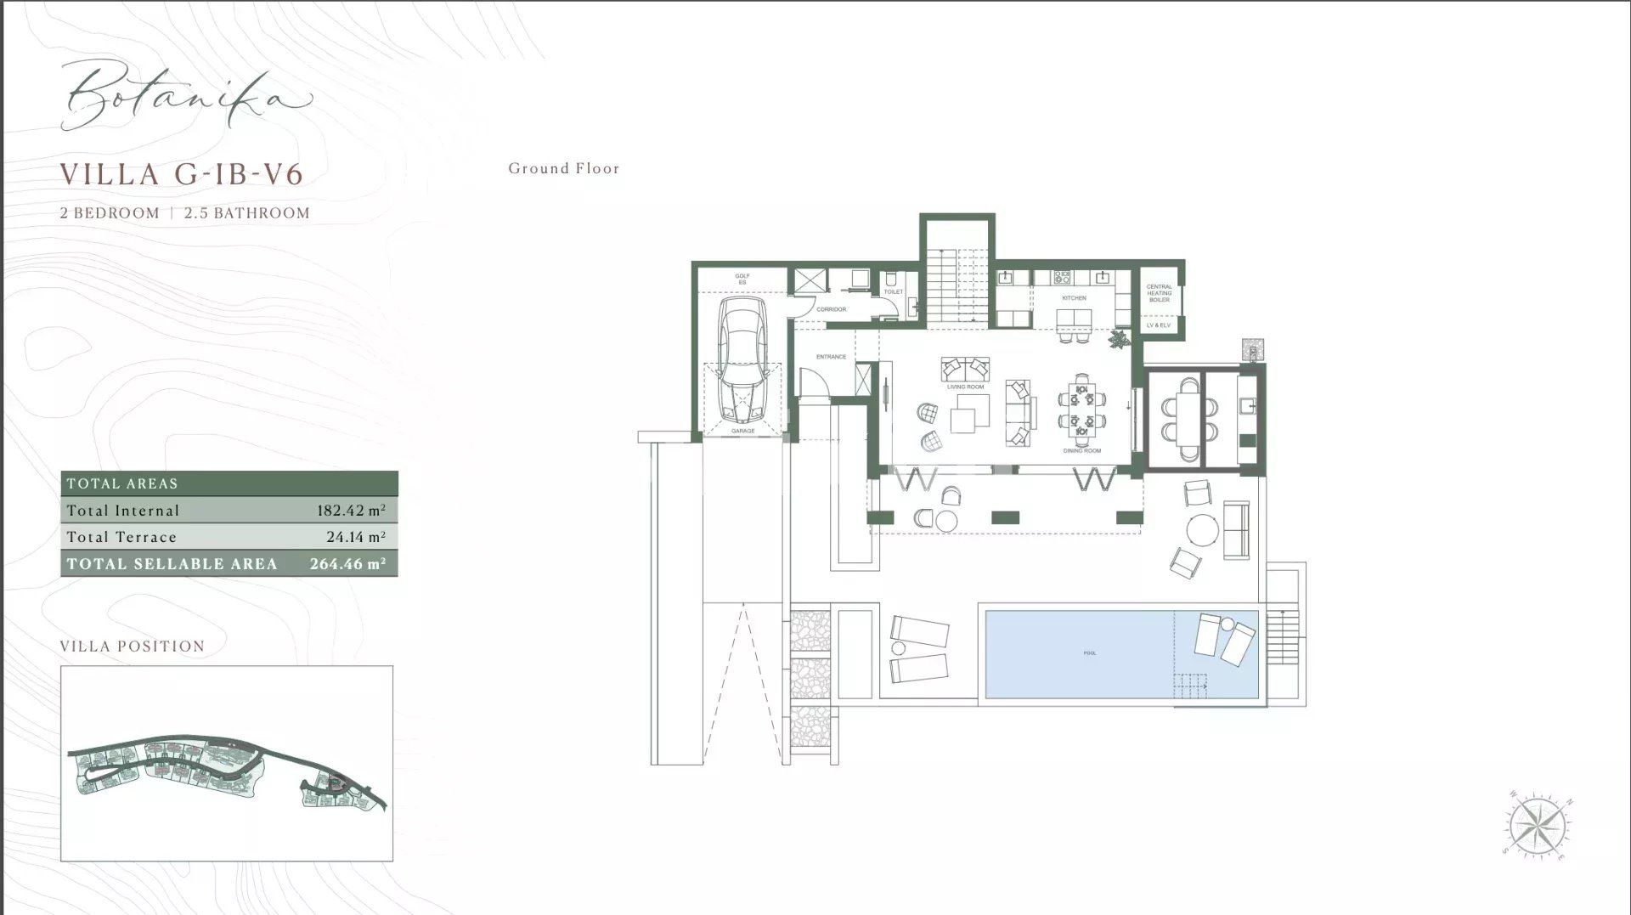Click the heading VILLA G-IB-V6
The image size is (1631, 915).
pyautogui.click(x=182, y=174)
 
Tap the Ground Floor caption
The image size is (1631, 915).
pyautogui.click(x=564, y=168)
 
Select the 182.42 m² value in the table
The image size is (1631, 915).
pyautogui.click(x=351, y=511)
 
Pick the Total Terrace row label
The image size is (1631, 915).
pyautogui.click(x=121, y=537)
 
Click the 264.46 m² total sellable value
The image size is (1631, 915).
pyautogui.click(x=347, y=563)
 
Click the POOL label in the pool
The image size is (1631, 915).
pyautogui.click(x=1090, y=653)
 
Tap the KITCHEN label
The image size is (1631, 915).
pyautogui.click(x=1074, y=298)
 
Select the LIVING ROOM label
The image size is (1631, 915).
pyautogui.click(x=965, y=387)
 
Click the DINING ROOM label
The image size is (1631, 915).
pyautogui.click(x=1081, y=450)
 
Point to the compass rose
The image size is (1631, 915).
pyautogui.click(x=1538, y=825)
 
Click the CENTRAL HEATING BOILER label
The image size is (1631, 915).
pyautogui.click(x=1159, y=293)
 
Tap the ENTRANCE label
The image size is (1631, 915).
pyautogui.click(x=831, y=357)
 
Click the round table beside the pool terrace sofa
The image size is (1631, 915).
pyautogui.click(x=1202, y=530)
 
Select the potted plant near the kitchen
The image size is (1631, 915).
pyautogui.click(x=1119, y=339)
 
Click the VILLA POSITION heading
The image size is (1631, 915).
pyautogui.click(x=133, y=647)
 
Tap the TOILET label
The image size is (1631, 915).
pyautogui.click(x=893, y=291)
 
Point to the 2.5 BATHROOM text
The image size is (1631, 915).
pyautogui.click(x=247, y=213)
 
